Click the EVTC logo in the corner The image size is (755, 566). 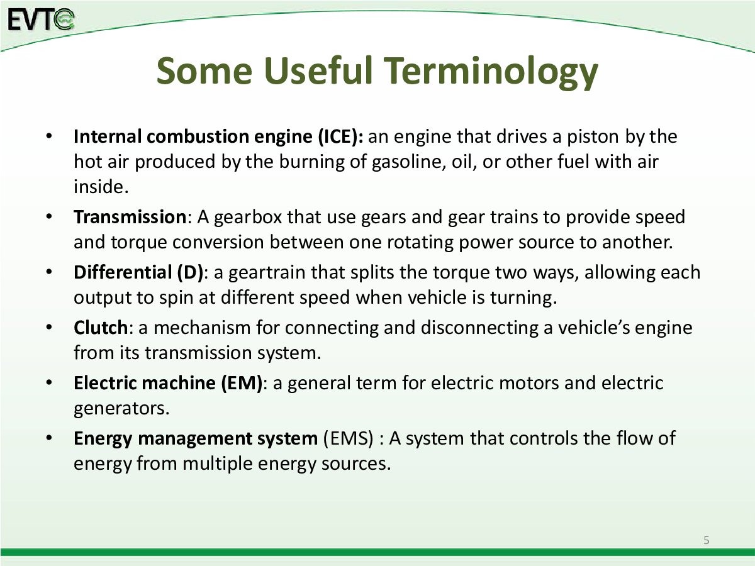[x=41, y=19]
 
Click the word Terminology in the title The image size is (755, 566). [x=491, y=73]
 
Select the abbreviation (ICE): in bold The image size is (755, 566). [x=340, y=136]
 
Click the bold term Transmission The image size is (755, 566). [x=130, y=217]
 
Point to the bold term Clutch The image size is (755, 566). [x=101, y=327]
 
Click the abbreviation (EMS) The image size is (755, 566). [x=348, y=438]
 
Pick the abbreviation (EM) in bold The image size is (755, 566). [x=242, y=383]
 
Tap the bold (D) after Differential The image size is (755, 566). [x=190, y=272]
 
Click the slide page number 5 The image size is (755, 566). [x=706, y=540]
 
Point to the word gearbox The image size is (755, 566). [x=248, y=218]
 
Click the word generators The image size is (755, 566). [x=121, y=409]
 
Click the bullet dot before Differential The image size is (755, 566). [x=49, y=272]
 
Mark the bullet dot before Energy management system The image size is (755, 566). [x=49, y=438]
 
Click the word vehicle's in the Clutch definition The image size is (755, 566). [x=593, y=328]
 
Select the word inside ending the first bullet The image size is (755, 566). [x=101, y=187]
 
